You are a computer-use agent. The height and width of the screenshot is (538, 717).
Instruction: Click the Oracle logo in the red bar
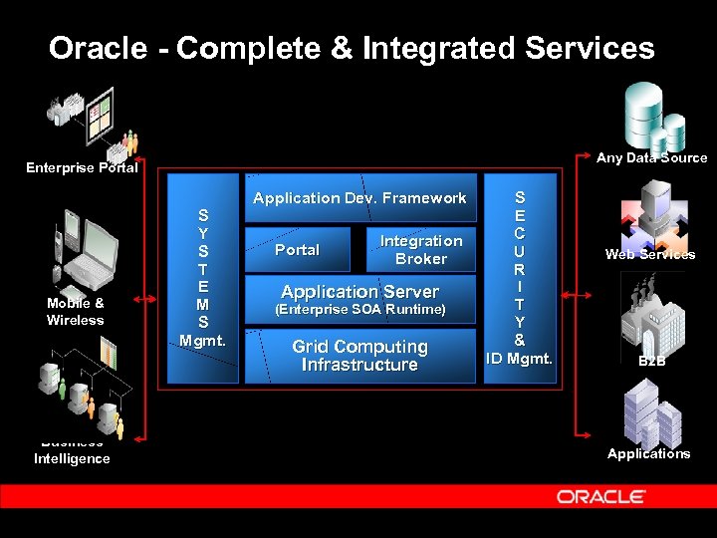600,496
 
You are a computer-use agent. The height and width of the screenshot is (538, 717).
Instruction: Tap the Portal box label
297,250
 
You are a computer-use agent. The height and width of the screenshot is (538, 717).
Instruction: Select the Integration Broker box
421,250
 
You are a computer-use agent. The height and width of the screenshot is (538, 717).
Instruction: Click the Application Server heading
359,292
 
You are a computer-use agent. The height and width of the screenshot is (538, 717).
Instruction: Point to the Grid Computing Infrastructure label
359,356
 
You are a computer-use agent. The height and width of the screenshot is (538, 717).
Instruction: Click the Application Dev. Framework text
359,198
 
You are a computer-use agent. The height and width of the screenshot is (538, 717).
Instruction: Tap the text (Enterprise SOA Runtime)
359,311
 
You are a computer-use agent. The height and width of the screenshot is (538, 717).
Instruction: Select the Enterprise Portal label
82,167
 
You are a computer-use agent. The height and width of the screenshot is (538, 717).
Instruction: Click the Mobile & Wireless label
75,311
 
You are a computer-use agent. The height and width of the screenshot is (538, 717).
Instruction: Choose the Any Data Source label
651,157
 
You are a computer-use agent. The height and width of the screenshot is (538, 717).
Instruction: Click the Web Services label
650,254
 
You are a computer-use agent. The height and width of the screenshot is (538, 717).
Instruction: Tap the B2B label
651,361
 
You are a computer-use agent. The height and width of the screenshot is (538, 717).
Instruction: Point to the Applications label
648,453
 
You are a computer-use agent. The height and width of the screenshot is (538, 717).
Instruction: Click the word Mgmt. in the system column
202,340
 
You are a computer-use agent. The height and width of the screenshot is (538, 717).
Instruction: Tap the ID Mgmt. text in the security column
519,358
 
